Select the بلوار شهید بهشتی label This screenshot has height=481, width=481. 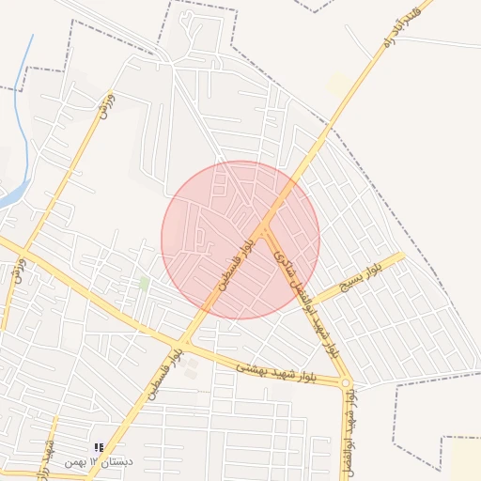coord(278,372)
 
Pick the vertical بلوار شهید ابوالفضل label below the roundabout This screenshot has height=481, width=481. coord(351,418)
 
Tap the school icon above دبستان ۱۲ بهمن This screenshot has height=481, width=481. coord(100,447)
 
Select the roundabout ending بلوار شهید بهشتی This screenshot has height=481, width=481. coord(347,382)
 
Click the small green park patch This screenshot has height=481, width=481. coord(144,282)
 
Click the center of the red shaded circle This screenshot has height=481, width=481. coord(240,240)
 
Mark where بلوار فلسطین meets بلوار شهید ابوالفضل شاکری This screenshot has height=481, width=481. coord(266,226)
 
